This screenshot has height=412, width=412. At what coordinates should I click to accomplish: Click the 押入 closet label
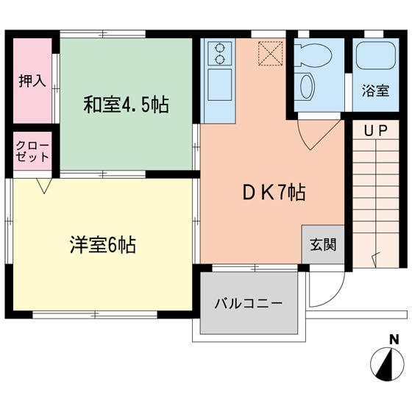pos(32,80)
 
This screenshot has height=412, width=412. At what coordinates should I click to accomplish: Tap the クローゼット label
pos(32,152)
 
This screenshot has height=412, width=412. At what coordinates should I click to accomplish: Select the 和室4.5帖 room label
pos(126,104)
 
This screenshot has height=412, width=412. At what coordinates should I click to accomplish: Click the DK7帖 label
pos(274,193)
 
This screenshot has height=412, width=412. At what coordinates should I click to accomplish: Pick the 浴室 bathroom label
pos(375,90)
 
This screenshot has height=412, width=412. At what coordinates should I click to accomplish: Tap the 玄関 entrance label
pos(323,244)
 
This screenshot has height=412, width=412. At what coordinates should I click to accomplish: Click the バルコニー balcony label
pos(249,303)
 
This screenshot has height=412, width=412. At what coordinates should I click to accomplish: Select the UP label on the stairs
pos(376,131)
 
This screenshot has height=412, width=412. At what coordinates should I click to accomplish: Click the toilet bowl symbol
pos(313,55)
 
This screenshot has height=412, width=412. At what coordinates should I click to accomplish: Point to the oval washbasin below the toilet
pos(306,87)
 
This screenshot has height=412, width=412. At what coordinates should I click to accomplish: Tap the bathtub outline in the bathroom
pos(376,55)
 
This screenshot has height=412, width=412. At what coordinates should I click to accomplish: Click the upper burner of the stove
pos(219,48)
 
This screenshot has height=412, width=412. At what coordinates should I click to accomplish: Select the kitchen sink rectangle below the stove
pos(220,85)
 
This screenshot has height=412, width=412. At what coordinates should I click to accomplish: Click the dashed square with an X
pos(271,53)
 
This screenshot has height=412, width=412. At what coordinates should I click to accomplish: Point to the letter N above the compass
pos(394,339)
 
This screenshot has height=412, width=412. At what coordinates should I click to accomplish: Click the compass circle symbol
pos(387,364)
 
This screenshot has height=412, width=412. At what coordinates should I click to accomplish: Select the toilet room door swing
pos(319,135)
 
